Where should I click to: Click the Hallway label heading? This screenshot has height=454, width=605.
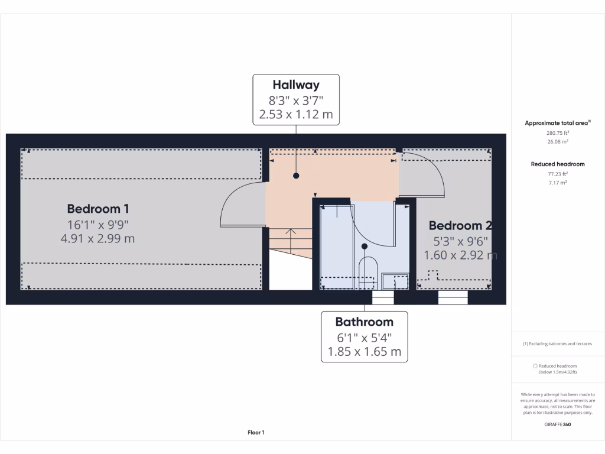point(296,85)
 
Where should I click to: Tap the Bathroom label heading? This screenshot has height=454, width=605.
point(364,322)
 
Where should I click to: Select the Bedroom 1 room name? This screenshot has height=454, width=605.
point(98,209)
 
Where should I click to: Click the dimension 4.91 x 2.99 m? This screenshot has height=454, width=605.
point(98,239)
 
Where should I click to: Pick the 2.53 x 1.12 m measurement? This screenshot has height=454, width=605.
point(296,114)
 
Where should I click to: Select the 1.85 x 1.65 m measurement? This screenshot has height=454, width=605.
point(364,352)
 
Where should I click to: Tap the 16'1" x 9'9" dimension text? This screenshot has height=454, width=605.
point(98,225)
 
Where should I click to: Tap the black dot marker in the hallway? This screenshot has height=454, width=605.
point(296,176)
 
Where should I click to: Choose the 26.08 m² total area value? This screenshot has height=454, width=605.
point(558,142)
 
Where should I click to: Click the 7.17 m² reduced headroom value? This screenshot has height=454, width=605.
point(558,183)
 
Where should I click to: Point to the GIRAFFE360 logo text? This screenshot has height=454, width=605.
point(558,424)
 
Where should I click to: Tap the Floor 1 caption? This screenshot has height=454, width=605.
point(256,433)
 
